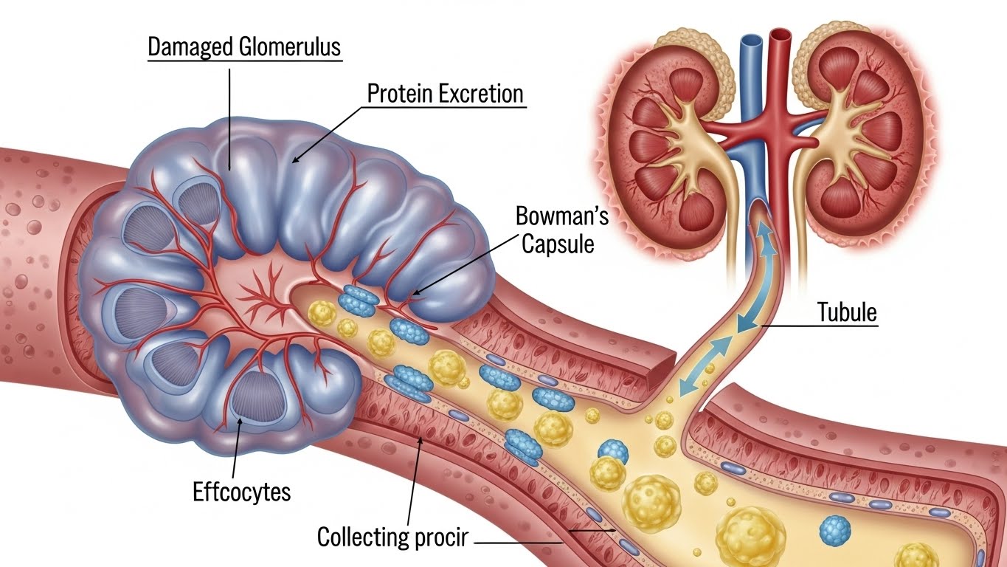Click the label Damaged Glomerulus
click(x=244, y=47)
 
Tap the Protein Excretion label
click(x=446, y=94)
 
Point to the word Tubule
click(x=848, y=312)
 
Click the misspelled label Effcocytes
click(x=242, y=492)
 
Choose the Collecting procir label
click(x=392, y=537)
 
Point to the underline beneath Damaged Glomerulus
click(x=244, y=61)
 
